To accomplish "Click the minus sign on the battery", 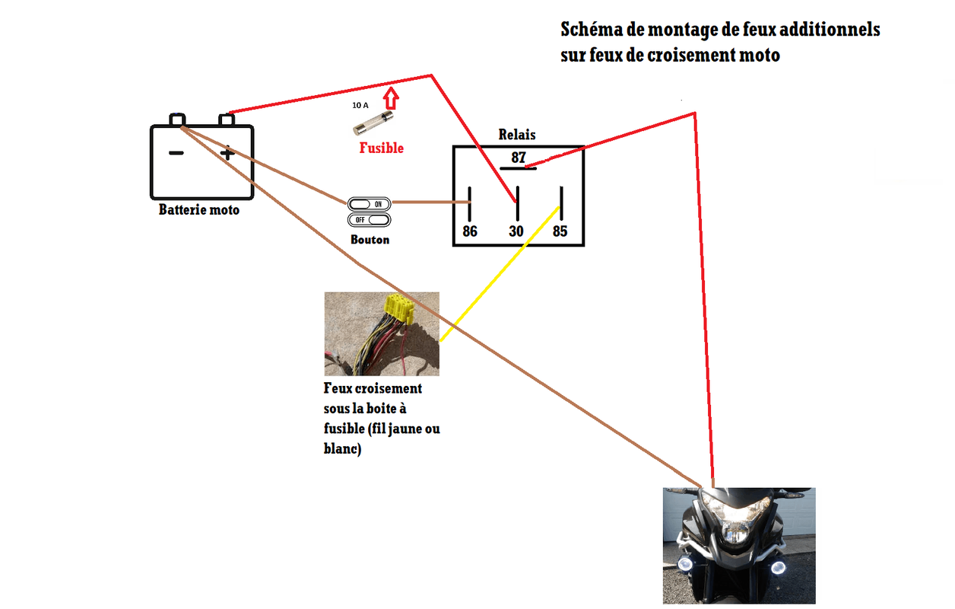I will [x=176, y=153].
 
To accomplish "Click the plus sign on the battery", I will [x=227, y=154].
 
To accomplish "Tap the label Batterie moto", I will [x=198, y=209].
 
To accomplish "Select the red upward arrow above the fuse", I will [x=391, y=99].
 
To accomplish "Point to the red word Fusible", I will [x=381, y=148].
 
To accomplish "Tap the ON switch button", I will [x=370, y=204].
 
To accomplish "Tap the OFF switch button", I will [x=370, y=219].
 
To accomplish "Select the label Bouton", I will [x=370, y=240].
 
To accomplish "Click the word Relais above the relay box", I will [x=517, y=135].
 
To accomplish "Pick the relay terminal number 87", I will [x=519, y=158].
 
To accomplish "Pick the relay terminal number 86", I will [x=470, y=231].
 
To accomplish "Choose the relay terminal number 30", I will [x=516, y=231].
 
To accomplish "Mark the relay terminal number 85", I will [x=560, y=231].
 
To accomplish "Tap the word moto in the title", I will [x=760, y=56].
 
